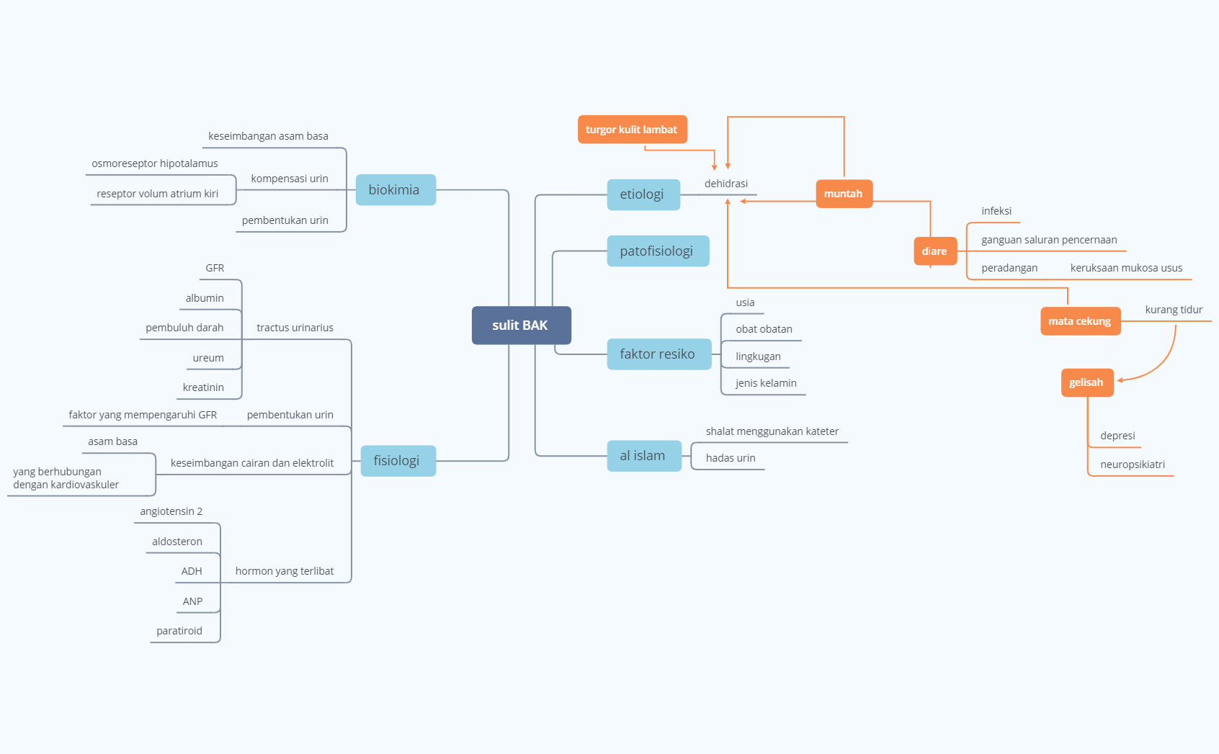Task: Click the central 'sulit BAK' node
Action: tap(521, 326)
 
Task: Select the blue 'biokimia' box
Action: tap(395, 190)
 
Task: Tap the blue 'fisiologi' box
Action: tap(397, 461)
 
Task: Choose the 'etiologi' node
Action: tap(643, 194)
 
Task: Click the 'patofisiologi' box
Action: tap(657, 251)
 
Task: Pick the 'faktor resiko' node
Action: tap(658, 354)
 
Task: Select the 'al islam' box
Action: tap(643, 456)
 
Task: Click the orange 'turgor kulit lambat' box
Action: tap(632, 130)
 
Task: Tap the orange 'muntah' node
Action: tap(844, 194)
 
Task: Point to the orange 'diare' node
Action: tap(934, 251)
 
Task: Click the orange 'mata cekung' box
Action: tap(1080, 321)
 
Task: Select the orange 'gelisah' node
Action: tap(1086, 382)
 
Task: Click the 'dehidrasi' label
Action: tap(726, 184)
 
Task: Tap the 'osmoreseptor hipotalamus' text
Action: tap(155, 163)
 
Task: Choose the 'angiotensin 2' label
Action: tap(171, 511)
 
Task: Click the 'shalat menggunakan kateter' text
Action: tap(772, 431)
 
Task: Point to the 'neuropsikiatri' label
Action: tap(1133, 464)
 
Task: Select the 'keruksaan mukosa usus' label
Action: tap(1126, 268)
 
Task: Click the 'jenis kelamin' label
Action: tap(766, 383)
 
